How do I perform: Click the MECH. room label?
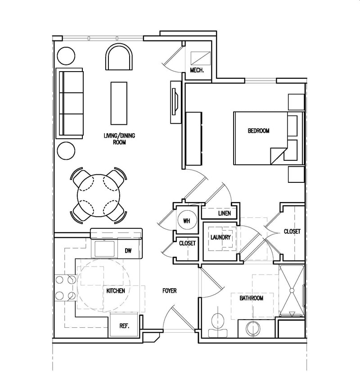tap(198, 71)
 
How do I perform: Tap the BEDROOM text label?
tap(258, 131)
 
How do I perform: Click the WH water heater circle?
tap(187, 221)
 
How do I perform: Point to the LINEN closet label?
tap(224, 213)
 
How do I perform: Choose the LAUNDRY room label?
tap(220, 237)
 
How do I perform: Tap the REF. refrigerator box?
tap(124, 326)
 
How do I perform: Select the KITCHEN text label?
tap(115, 291)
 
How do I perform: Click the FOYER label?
tap(169, 291)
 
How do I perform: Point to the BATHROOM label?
tap(251, 298)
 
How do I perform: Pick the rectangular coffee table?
tap(119, 103)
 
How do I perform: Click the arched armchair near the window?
tap(119, 58)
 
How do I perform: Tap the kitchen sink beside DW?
tap(105, 248)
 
